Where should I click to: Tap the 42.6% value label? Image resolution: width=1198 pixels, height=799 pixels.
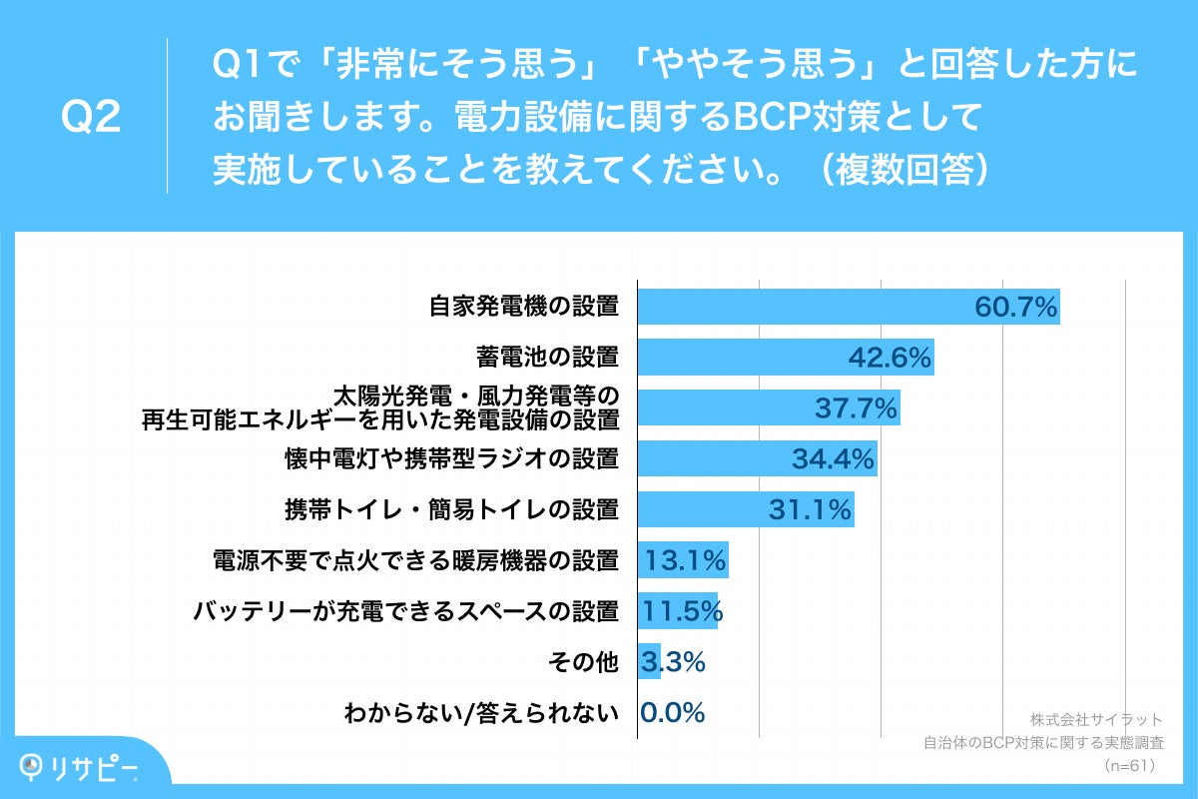pyautogui.click(x=890, y=358)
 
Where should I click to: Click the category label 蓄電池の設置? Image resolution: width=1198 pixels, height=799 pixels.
pyautogui.click(x=547, y=357)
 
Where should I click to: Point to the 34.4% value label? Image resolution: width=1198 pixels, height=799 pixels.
pyautogui.click(x=834, y=459)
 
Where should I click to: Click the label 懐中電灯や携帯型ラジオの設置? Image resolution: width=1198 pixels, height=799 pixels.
pyautogui.click(x=452, y=459)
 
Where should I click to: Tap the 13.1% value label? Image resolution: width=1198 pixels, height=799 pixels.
pyautogui.click(x=685, y=561)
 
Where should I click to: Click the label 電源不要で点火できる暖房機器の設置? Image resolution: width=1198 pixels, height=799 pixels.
pyautogui.click(x=416, y=561)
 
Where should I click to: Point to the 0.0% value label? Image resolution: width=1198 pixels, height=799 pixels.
pyautogui.click(x=673, y=713)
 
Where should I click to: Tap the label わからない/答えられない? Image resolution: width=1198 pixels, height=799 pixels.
pyautogui.click(x=481, y=714)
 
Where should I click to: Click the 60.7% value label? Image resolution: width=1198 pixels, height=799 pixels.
pyautogui.click(x=1014, y=307)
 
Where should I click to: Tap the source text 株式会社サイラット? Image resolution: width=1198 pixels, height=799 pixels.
pyautogui.click(x=1097, y=719)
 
